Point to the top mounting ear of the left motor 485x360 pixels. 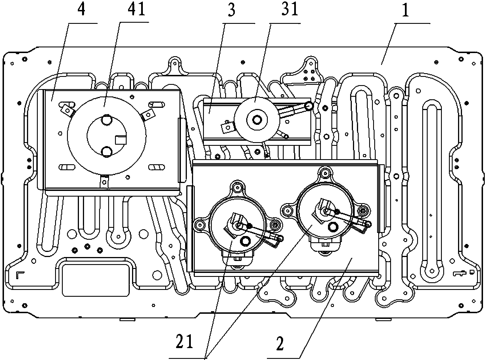pyautogui.click(x=237, y=187)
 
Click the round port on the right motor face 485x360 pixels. pyautogui.click(x=333, y=227)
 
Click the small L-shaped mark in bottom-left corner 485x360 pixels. pyautogui.click(x=20, y=275)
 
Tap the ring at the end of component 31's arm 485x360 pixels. pyautogui.click(x=309, y=106)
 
